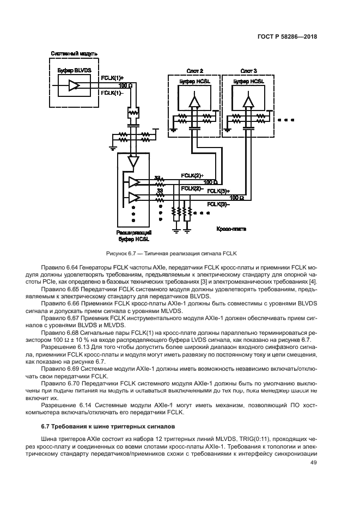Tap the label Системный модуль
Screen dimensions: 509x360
pos(74,54)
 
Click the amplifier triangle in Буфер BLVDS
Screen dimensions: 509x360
pos(74,85)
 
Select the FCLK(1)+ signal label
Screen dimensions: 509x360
pos(113,78)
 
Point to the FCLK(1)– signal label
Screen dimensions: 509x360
pos(112,93)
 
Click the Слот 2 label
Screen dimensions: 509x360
pos(194,71)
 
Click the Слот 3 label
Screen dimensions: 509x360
pos(248,71)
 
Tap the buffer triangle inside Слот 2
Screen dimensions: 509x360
pos(194,101)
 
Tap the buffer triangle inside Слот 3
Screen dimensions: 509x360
pos(248,101)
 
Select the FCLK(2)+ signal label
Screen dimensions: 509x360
pos(192,175)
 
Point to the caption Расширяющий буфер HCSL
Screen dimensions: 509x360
pos(134,235)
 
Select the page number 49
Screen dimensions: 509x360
pos(313,463)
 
